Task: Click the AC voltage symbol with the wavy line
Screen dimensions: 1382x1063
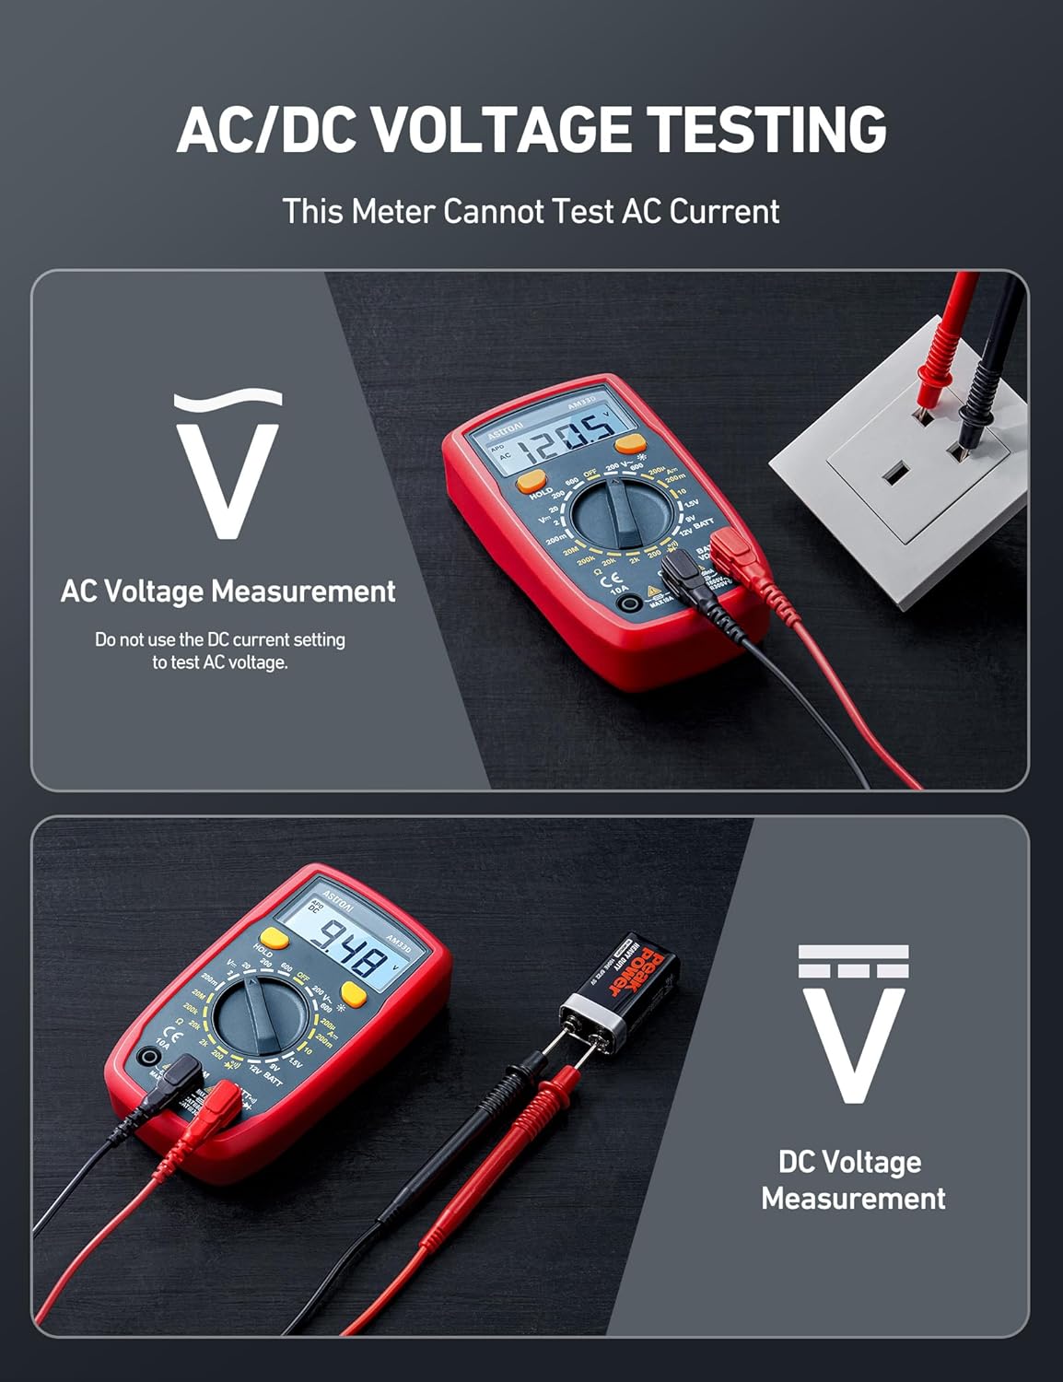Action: click(228, 465)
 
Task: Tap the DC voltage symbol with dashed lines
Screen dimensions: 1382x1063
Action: click(853, 1023)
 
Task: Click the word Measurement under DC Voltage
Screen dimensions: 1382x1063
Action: click(853, 1199)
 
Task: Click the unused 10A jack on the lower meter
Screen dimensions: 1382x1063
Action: click(144, 1058)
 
